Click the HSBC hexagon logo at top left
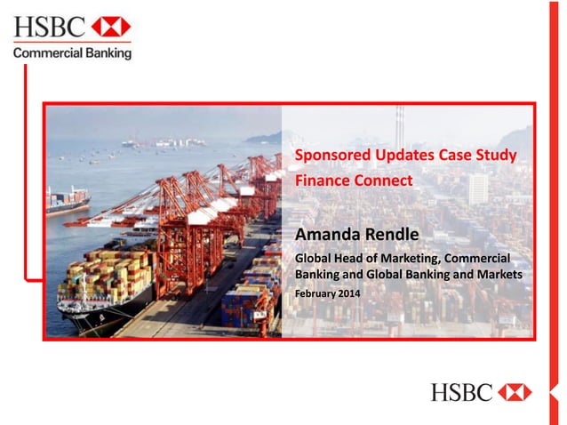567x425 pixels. (111, 27)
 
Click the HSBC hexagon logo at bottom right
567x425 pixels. (515, 392)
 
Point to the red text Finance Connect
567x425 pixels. (354, 180)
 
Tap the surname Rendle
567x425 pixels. (394, 234)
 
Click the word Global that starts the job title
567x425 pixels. (313, 258)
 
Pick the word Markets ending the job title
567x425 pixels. (499, 274)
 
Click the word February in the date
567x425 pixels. (315, 292)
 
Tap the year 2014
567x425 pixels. (348, 292)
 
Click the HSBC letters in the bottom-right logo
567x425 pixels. (461, 392)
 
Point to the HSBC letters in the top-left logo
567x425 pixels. (50, 27)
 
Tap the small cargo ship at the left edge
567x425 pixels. (67, 201)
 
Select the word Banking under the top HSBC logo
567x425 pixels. (108, 53)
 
